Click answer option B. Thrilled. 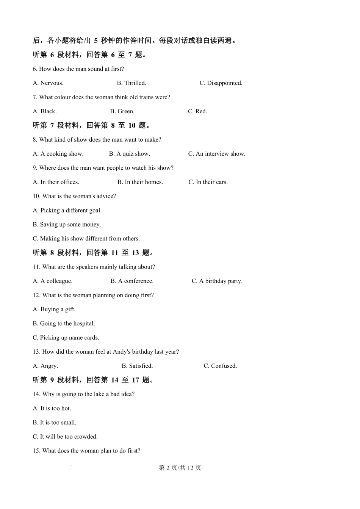[131, 83]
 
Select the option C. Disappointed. [221, 83]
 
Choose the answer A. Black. [45, 111]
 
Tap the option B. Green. [122, 111]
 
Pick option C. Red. [197, 111]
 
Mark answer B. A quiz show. [129, 154]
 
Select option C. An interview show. [216, 154]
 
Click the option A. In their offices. [56, 182]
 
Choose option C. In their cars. [208, 182]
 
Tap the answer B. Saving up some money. [67, 225]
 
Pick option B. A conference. [132, 281]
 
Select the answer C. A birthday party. [217, 281]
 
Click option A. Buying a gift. [54, 309]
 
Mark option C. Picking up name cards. [66, 338]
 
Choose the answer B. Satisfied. [137, 366]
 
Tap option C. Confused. [220, 366]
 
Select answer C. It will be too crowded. [65, 437]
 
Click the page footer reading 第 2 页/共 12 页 [180, 468]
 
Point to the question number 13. [36, 352]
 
